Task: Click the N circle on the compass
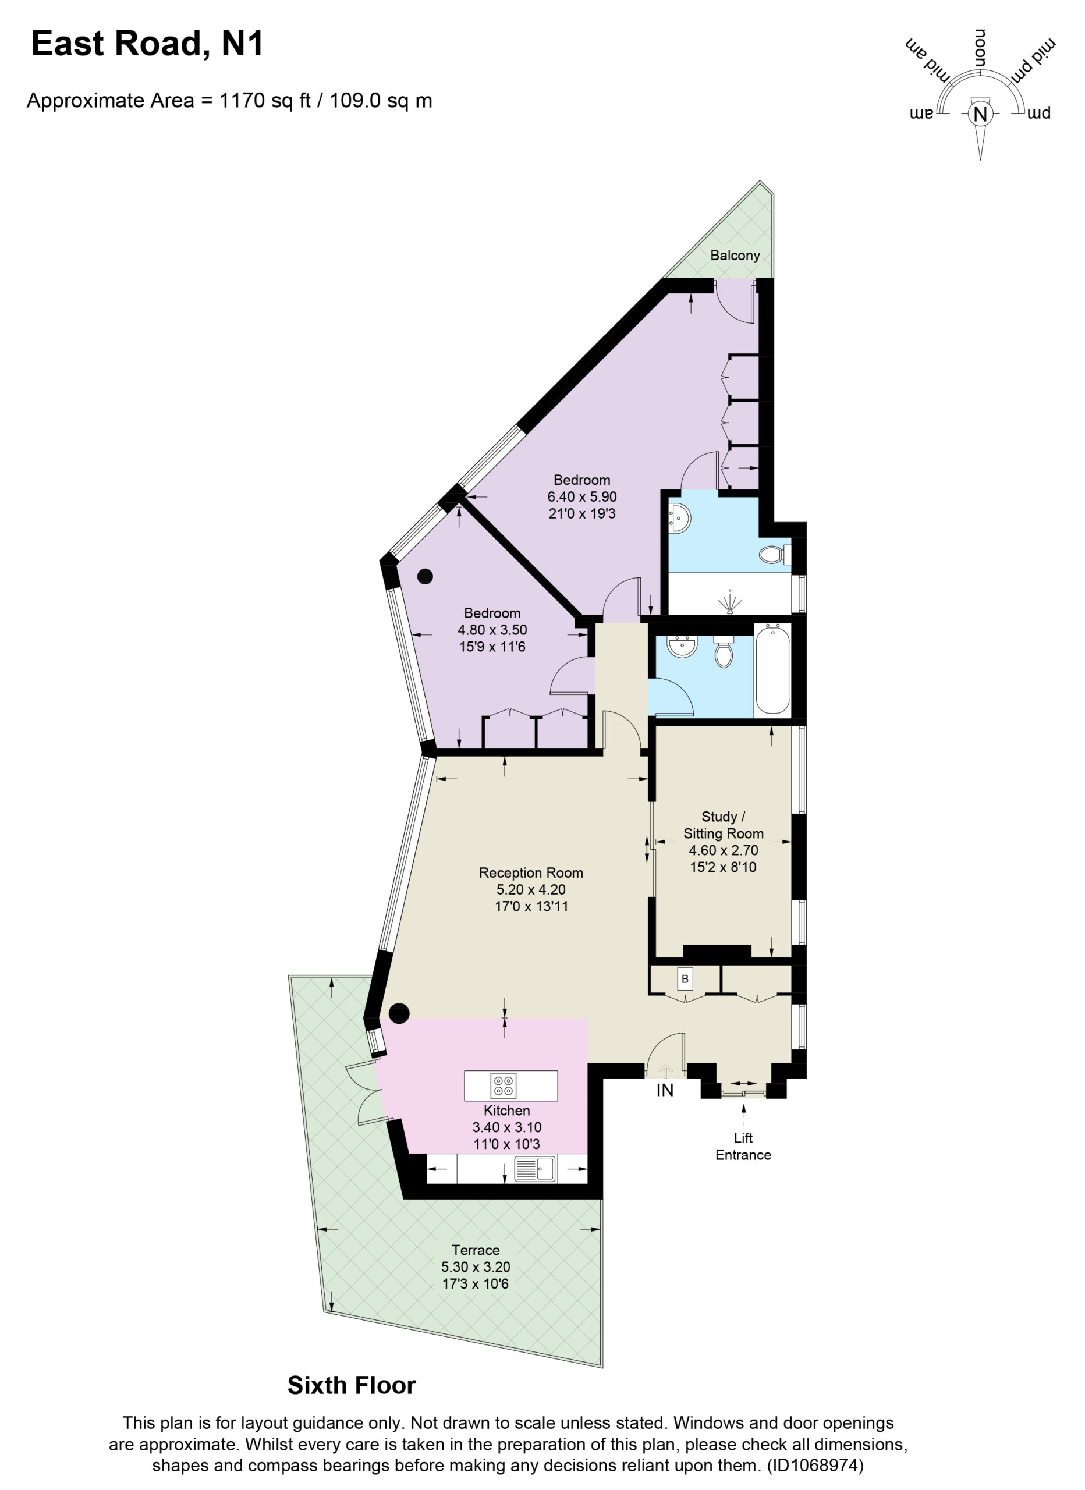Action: (980, 113)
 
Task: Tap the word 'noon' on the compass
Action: (980, 47)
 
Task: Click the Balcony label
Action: (735, 256)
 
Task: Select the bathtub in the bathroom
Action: (772, 670)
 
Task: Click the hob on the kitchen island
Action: (504, 1086)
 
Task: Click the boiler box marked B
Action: (685, 980)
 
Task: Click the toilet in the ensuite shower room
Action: (774, 555)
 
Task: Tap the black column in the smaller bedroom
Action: (425, 577)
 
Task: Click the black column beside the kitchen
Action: (399, 1014)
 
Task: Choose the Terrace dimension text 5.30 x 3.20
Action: (476, 1267)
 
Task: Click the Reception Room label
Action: (531, 873)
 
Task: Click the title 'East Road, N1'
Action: (147, 44)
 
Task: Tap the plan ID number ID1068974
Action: (815, 1465)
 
